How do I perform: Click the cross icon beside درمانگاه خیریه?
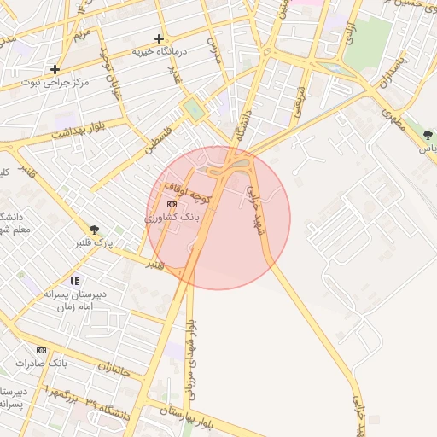click(159, 38)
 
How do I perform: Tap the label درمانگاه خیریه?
click(159, 52)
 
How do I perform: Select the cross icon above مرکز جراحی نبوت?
click(55, 69)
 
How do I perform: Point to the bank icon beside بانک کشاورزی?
click(172, 205)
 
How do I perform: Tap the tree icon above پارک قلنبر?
click(95, 229)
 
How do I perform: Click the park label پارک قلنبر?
click(94, 243)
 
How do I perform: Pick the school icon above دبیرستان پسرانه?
click(75, 280)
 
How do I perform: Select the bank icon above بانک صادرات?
click(42, 350)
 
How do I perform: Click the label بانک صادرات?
click(42, 364)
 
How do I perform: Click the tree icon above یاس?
click(428, 135)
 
